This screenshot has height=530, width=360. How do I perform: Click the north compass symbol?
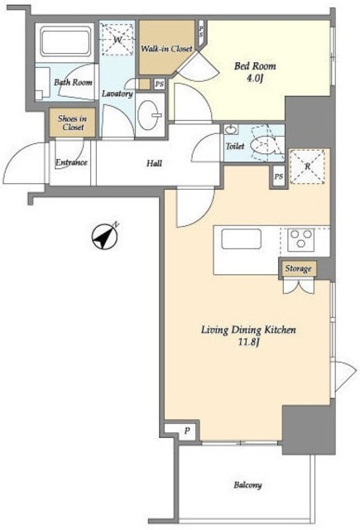pos(105,237)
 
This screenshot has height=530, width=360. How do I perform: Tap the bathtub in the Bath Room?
pos(66,42)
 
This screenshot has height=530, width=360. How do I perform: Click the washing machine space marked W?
pos(118,40)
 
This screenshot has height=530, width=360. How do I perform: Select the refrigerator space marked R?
pos(307,167)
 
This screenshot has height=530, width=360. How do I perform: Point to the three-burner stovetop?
pos(301,239)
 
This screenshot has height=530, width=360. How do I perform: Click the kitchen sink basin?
pos(241,239)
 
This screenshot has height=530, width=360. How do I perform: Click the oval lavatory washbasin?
pos(150,115)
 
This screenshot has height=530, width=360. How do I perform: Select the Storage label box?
pos(298,268)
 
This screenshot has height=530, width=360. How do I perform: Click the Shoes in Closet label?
pos(72,123)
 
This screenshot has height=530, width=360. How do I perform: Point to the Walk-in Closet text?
pos(166,49)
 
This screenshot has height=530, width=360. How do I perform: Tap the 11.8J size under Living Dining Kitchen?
pos(248,342)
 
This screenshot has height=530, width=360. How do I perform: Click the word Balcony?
pos(248,485)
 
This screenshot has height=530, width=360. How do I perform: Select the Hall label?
pos(154,164)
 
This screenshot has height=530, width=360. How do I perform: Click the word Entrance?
pos(71,162)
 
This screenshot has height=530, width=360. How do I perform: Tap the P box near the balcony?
pos(187,431)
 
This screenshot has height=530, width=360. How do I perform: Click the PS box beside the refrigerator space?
pos(279,176)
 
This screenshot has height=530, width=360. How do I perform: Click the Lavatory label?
pos(118,94)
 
